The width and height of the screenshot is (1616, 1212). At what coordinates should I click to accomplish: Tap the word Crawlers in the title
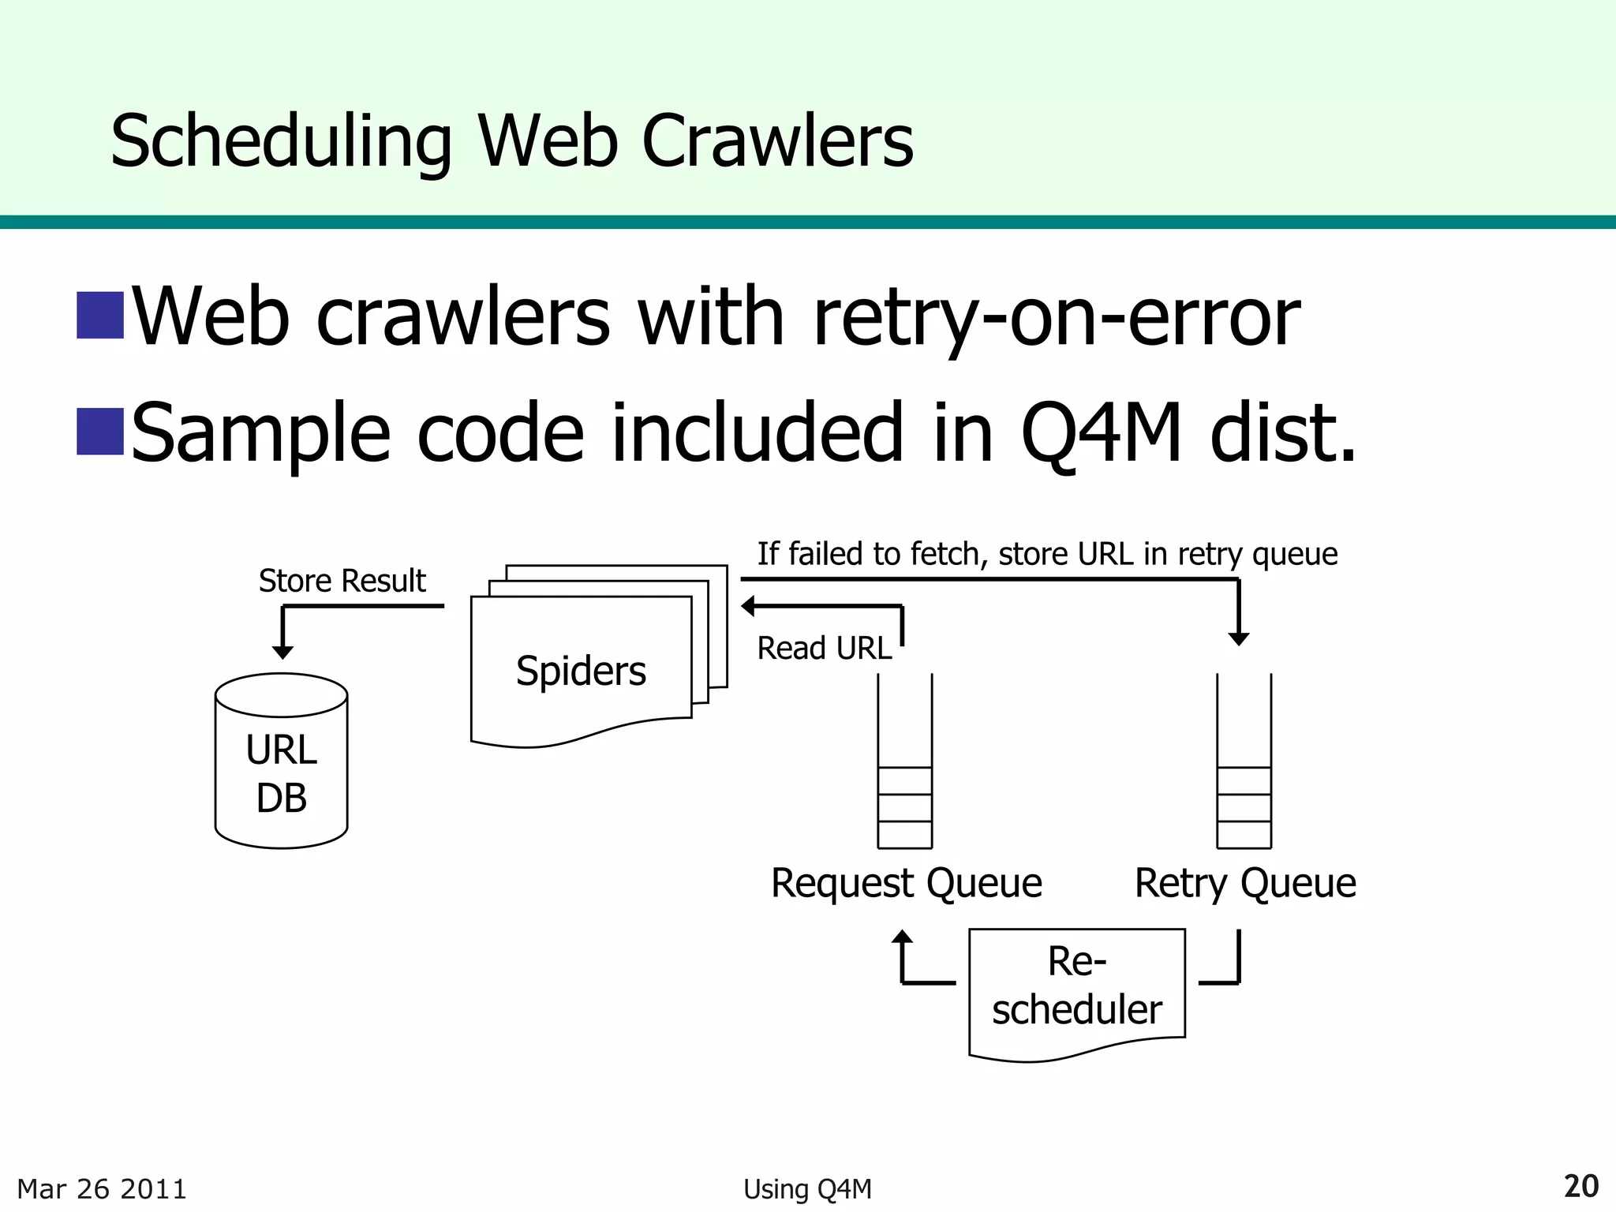click(777, 142)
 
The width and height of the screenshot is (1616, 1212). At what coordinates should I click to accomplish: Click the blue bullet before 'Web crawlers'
click(100, 316)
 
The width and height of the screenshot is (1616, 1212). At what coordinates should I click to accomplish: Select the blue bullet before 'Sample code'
click(100, 432)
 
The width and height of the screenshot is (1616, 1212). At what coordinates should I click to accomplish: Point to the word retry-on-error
click(1056, 317)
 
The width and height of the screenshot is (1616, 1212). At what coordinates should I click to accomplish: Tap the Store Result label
click(342, 581)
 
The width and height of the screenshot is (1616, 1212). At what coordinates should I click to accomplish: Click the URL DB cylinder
click(281, 773)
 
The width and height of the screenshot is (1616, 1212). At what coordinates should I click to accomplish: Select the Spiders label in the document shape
click(581, 671)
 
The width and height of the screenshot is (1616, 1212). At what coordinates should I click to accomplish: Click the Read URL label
click(824, 649)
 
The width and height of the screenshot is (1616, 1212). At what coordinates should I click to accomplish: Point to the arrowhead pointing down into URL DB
click(282, 652)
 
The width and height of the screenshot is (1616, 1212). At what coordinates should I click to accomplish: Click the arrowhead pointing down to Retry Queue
click(1239, 638)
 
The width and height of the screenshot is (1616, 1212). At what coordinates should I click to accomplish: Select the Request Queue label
click(906, 883)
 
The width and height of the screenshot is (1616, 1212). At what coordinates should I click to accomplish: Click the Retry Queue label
click(1244, 883)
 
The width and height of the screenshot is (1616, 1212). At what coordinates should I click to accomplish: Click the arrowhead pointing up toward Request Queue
click(902, 937)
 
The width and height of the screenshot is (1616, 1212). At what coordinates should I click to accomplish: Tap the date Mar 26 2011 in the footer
click(102, 1189)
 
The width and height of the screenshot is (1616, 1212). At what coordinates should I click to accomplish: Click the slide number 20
click(1580, 1187)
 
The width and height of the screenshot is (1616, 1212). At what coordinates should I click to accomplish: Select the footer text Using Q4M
click(807, 1189)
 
